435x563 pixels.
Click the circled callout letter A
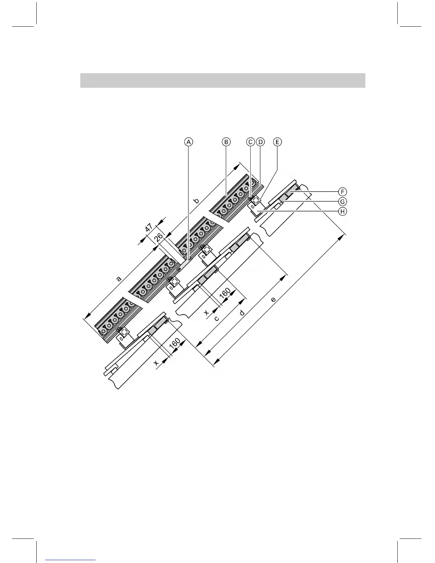tap(189, 142)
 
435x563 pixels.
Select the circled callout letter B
tap(226, 142)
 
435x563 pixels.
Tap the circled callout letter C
tap(251, 142)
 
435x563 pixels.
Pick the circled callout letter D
tap(261, 142)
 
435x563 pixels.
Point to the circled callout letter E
tap(277, 142)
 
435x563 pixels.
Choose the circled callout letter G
tap(342, 202)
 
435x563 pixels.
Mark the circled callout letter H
tap(342, 211)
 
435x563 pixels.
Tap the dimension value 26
tap(159, 237)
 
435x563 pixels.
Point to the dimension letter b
tap(196, 201)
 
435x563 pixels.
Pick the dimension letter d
tap(242, 313)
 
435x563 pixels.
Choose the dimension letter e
tap(273, 300)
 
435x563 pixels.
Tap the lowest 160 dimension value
tap(175, 344)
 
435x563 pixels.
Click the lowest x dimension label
tap(156, 363)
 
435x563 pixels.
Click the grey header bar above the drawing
tap(222, 80)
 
